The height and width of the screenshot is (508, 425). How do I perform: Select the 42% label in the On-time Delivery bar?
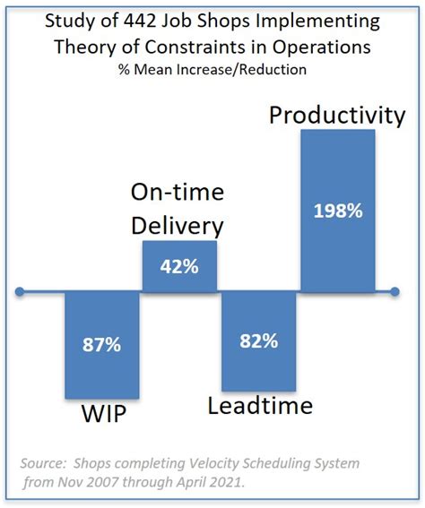pyautogui.click(x=179, y=266)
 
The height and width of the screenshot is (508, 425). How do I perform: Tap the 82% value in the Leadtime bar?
pyautogui.click(x=258, y=340)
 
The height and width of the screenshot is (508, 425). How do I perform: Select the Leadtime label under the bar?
pyautogui.click(x=260, y=405)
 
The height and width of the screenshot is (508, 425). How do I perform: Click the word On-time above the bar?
pyautogui.click(x=178, y=193)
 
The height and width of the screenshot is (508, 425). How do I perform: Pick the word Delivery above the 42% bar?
pyautogui.click(x=178, y=225)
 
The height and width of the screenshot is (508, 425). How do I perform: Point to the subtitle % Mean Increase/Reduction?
pyautogui.click(x=212, y=67)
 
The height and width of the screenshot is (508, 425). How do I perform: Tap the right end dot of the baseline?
pyautogui.click(x=395, y=291)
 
